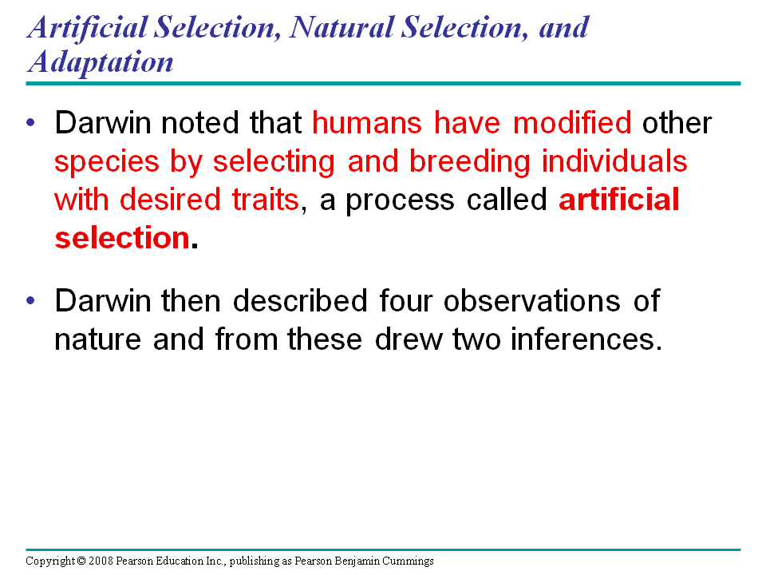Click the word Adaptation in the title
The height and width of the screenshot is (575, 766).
(x=101, y=62)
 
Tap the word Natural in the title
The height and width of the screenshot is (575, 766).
(x=342, y=27)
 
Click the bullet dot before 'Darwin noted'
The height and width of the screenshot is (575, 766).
(x=31, y=122)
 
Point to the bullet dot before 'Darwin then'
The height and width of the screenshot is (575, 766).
(x=31, y=300)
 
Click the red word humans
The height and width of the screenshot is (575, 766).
(x=367, y=122)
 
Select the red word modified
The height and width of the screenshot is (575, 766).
(x=572, y=122)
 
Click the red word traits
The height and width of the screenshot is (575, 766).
(x=265, y=200)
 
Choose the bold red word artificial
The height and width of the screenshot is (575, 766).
(x=619, y=199)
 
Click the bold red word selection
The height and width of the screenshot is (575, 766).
(x=122, y=238)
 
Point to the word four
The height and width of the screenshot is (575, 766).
(x=406, y=300)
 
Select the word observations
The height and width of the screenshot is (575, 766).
(x=532, y=300)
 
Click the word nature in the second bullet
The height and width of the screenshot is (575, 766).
(x=97, y=340)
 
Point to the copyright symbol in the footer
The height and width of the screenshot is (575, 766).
(x=81, y=561)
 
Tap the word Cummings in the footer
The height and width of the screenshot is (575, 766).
(x=408, y=561)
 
